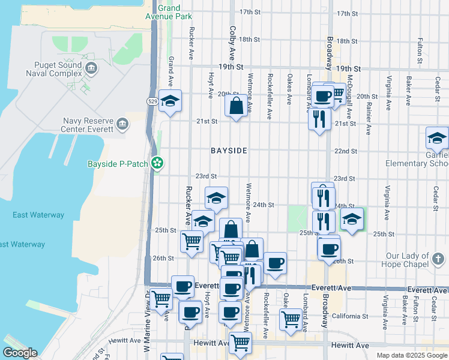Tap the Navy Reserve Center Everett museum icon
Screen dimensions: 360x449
pos(122,124)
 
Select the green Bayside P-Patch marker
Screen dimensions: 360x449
pos(157,163)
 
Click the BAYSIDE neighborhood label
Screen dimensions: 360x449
pos(229,151)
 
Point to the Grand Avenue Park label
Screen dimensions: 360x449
pos(175,12)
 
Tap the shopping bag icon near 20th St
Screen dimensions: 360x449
pos(237,106)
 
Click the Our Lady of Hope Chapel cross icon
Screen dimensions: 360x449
pos(438,259)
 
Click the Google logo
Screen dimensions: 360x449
pos(20,353)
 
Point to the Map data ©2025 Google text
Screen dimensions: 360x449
pos(412,355)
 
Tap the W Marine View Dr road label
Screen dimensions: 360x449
pos(146,321)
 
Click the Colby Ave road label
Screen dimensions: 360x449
pos(232,39)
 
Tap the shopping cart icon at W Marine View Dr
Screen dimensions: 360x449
pos(161,298)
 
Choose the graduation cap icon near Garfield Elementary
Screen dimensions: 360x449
pos(437,139)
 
